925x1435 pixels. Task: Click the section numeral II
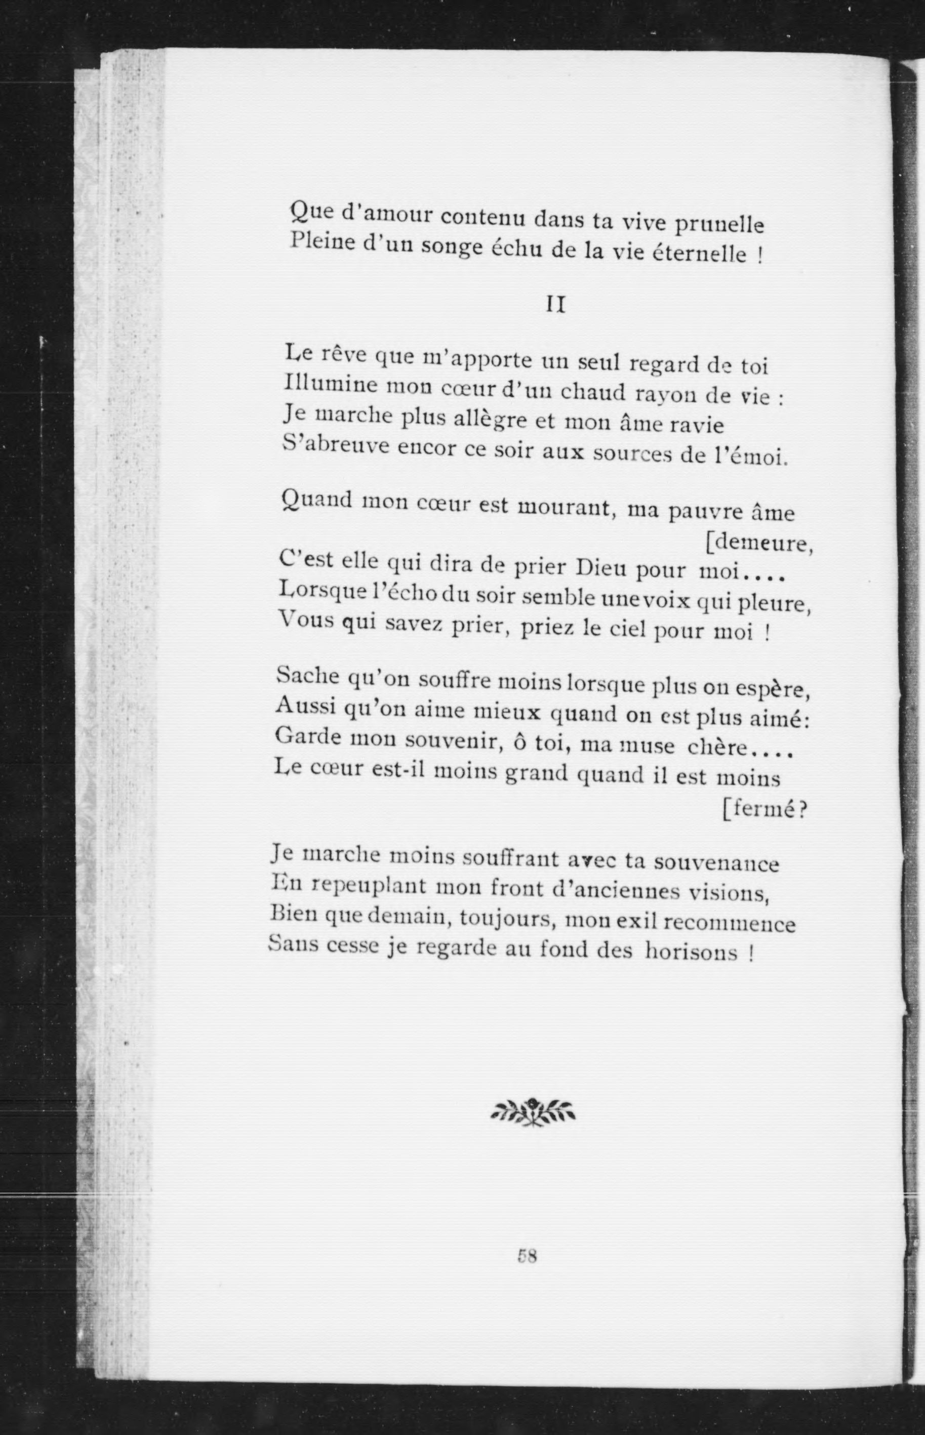(555, 305)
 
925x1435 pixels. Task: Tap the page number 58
(526, 1255)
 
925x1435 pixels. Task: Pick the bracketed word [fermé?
(764, 810)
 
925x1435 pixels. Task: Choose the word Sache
(307, 677)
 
